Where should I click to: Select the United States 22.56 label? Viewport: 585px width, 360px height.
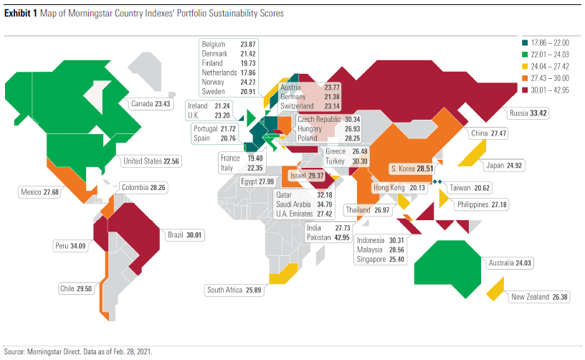click(x=151, y=161)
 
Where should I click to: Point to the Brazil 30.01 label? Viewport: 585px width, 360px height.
click(x=185, y=235)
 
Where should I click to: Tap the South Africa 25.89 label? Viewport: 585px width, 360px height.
click(x=234, y=290)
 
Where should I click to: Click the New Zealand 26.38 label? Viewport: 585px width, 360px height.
click(x=538, y=297)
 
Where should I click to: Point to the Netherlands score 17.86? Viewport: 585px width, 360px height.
click(x=249, y=73)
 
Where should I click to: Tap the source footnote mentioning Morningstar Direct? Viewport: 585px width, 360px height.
click(x=78, y=352)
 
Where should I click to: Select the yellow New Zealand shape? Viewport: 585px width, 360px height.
click(x=495, y=290)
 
